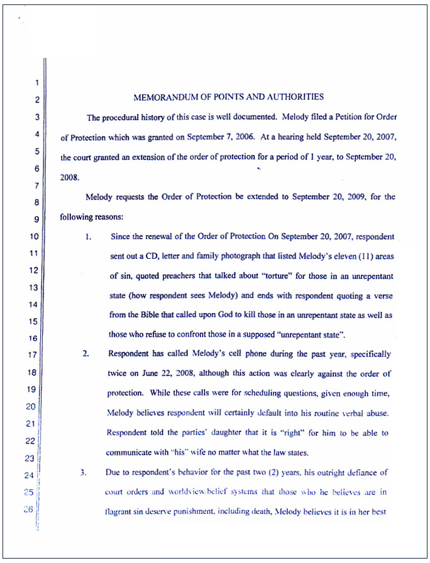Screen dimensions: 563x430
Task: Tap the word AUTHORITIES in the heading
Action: pyautogui.click(x=297, y=97)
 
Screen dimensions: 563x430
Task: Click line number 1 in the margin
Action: pyautogui.click(x=37, y=82)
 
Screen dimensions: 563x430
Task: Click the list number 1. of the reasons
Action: pyautogui.click(x=89, y=237)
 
